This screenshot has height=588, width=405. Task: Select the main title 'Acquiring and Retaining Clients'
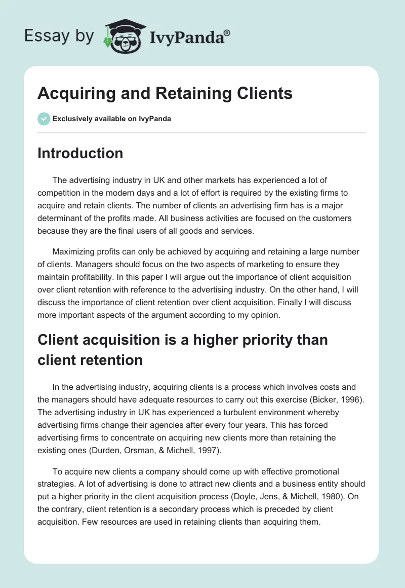click(x=165, y=93)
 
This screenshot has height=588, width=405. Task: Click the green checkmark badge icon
click(x=44, y=119)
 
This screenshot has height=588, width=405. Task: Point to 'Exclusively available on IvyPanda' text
click(x=111, y=119)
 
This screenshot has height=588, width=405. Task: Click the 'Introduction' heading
click(x=80, y=153)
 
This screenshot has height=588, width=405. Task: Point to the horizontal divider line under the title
click(x=201, y=133)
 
